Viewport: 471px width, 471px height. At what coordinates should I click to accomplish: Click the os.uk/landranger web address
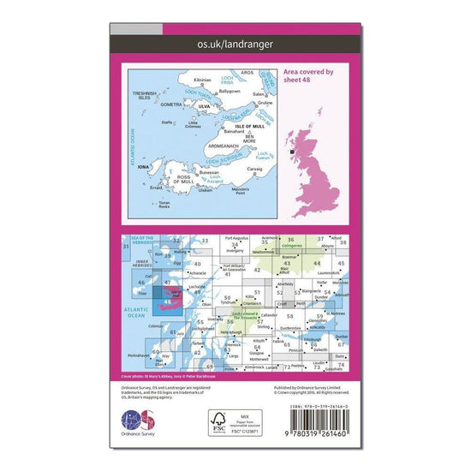tap(235, 43)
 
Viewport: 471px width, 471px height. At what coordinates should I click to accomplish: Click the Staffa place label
tap(168, 123)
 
